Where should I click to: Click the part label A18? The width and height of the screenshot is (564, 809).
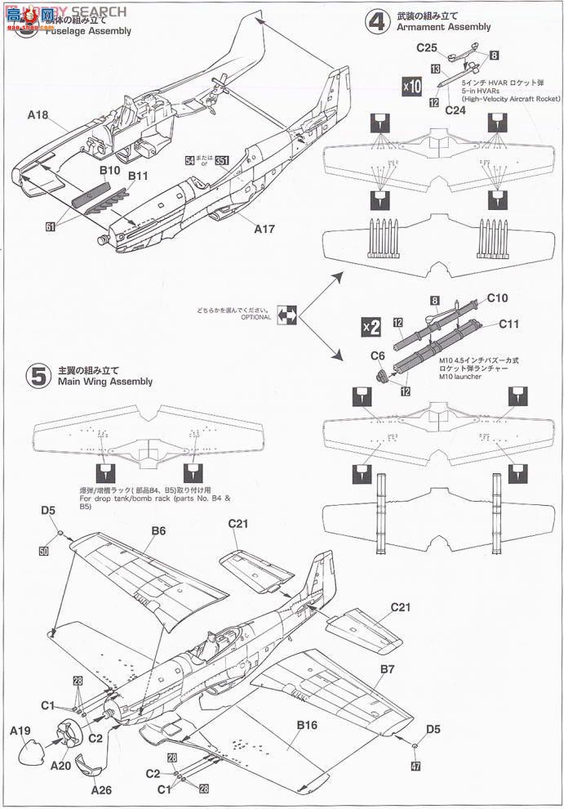[38, 116]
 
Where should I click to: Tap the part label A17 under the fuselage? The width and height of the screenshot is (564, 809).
[264, 230]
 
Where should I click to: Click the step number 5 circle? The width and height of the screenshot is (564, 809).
[39, 375]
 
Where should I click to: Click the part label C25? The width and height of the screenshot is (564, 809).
[428, 48]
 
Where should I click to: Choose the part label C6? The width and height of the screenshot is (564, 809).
[377, 355]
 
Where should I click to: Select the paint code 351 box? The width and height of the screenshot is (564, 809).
[221, 161]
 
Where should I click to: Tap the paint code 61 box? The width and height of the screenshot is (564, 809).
[51, 226]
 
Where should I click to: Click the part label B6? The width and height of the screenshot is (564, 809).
[158, 530]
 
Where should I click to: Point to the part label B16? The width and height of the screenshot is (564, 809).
[307, 724]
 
